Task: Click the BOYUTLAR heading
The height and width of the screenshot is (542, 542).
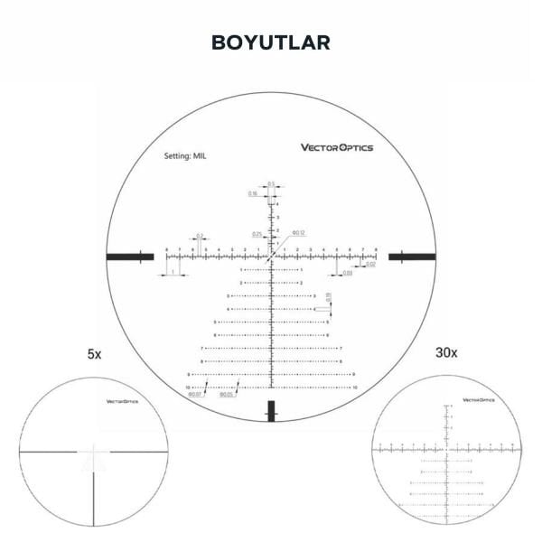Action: [270, 42]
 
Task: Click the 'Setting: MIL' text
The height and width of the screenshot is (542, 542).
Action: [186, 155]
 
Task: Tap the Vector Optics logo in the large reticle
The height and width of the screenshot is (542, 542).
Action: [336, 148]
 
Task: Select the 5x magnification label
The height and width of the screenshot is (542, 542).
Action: [94, 355]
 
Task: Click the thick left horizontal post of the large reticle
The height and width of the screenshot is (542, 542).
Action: [128, 257]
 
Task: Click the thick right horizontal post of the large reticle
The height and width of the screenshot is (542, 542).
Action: [412, 257]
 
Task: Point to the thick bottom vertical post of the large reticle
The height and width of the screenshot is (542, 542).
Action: [271, 410]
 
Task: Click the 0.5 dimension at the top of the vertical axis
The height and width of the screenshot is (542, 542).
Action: [271, 183]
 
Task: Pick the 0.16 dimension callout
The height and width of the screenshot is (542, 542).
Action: [253, 193]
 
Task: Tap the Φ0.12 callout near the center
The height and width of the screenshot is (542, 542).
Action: [300, 233]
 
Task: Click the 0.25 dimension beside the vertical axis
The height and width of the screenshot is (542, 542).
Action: [257, 234]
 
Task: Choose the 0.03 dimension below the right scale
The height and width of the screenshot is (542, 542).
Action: [347, 272]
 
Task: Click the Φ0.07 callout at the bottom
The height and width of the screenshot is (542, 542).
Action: [194, 395]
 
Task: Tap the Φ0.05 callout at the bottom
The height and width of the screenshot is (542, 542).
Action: [227, 395]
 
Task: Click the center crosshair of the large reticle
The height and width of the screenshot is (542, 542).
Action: [271, 257]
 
